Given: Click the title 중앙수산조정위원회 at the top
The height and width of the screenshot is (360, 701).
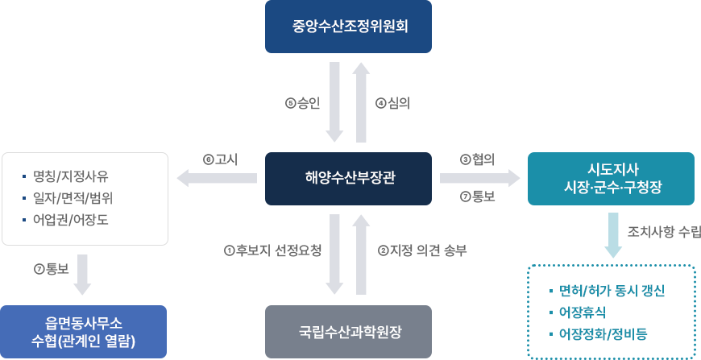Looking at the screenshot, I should pos(350,27).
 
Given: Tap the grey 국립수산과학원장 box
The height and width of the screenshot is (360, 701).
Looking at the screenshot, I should pos(348,331).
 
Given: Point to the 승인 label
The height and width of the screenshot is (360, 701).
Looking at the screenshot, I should pos(303,103).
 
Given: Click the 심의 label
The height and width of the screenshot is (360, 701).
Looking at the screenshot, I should pos(392,103).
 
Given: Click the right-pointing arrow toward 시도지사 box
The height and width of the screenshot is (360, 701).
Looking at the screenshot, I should pos(479,179).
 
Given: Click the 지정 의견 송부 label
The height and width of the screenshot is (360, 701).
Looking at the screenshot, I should pos(422,250).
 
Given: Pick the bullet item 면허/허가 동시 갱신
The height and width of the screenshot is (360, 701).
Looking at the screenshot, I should pos(614,290).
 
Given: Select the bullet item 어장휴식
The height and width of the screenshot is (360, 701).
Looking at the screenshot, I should pos(583,312).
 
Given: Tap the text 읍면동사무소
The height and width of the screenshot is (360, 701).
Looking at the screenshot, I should pos(84,322).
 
